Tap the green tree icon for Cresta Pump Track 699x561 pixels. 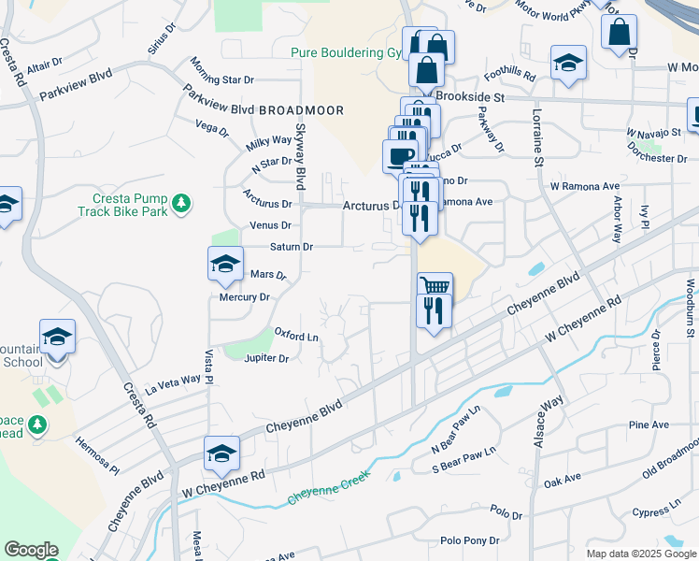(182, 202)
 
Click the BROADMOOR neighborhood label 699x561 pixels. (301, 110)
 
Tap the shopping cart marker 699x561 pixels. (434, 285)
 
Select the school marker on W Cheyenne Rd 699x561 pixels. (221, 453)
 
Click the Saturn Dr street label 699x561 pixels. (291, 247)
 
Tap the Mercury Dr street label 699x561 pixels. (244, 297)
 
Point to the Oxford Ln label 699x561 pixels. (296, 334)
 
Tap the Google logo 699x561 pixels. (31, 550)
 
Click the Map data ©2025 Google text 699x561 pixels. (640, 554)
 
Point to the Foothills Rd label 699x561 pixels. (509, 74)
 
